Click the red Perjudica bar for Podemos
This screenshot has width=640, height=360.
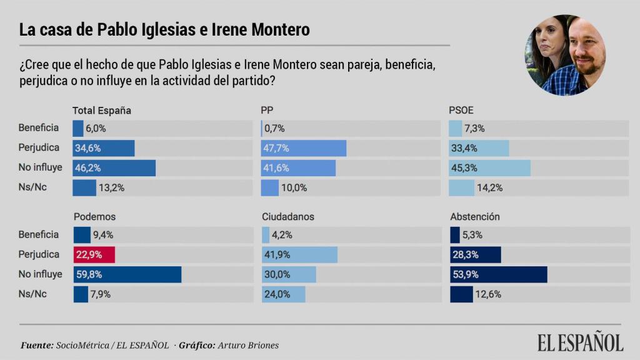point(94,254)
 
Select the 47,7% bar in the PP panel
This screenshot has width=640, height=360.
point(303,148)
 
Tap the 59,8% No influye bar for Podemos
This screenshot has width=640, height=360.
point(127,274)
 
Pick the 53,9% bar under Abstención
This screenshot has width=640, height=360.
point(498,274)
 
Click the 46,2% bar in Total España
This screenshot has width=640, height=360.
point(114,168)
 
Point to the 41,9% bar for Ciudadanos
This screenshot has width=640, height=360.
point(299,254)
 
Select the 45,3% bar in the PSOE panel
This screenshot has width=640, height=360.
point(489,168)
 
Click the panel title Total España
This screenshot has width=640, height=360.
point(102,111)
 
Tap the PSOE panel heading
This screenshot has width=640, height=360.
point(461,111)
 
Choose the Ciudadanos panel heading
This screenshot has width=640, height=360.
point(287,217)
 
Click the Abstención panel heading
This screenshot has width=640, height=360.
point(475,217)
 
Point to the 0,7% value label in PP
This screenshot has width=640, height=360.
point(274,128)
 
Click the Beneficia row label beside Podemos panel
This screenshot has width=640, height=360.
point(39,235)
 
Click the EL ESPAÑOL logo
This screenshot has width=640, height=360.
point(580,342)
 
